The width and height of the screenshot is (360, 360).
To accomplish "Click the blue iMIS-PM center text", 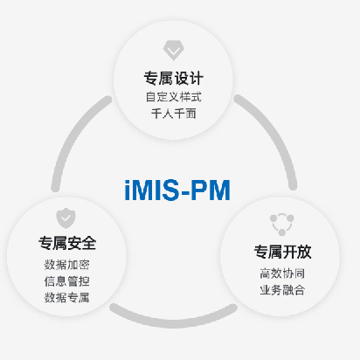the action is click(x=177, y=190).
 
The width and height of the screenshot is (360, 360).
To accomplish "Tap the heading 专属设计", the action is click(x=174, y=79).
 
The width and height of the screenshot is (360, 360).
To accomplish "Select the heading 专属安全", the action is click(x=67, y=243).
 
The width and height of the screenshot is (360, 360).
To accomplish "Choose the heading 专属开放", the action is click(x=282, y=252).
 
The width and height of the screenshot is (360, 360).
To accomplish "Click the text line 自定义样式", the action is click(x=174, y=97).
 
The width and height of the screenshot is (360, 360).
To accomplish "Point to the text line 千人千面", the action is click(x=174, y=114).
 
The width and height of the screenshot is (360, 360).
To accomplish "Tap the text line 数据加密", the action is click(x=67, y=265).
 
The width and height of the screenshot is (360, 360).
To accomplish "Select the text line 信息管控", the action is click(x=67, y=281).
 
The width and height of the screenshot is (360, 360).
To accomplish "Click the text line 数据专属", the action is click(x=67, y=298).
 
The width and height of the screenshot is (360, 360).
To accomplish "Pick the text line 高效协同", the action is click(x=282, y=273).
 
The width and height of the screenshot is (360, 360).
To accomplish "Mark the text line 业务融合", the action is click(x=282, y=290).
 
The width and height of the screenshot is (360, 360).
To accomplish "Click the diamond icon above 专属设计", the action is click(x=173, y=51).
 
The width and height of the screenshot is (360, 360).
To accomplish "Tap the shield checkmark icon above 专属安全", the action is click(x=66, y=218).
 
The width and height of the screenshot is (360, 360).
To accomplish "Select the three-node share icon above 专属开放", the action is click(x=281, y=225).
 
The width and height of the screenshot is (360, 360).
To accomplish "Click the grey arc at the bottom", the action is click(x=174, y=322).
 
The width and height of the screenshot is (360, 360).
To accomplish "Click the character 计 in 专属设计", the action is click(x=197, y=79).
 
